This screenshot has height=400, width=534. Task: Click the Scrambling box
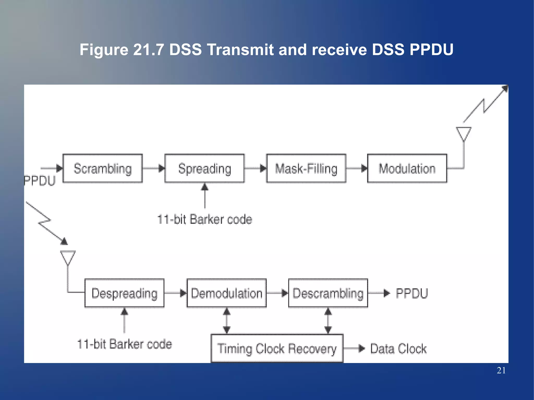point(102,168)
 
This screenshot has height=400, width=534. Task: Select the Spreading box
point(204,168)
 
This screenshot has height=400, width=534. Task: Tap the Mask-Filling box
point(306,168)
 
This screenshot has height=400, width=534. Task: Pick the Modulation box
point(407,168)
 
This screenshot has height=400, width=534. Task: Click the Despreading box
point(124,293)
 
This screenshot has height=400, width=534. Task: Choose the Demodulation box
point(227,293)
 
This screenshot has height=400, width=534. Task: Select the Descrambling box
point(328,293)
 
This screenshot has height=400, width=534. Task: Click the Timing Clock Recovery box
point(277,348)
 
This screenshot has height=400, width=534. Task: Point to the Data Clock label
point(398,349)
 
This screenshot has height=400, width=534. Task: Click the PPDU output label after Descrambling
point(412,293)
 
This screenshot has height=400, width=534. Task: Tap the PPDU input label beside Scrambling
point(40,181)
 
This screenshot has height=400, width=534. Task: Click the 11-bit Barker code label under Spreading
point(205,219)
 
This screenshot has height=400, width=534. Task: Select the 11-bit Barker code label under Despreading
point(125,344)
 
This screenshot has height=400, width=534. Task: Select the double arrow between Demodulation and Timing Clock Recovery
point(227,321)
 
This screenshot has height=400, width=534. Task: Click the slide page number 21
point(501,370)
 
